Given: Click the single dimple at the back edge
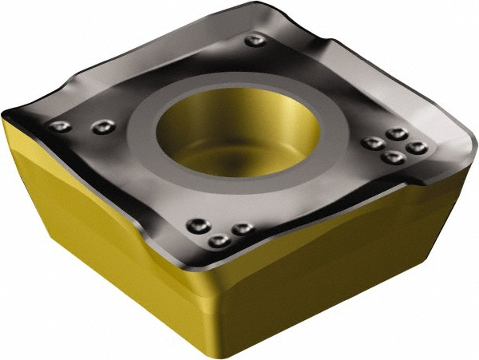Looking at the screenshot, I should (x=254, y=41).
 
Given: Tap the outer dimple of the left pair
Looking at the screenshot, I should (x=59, y=126).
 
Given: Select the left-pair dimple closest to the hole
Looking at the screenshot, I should (x=101, y=126).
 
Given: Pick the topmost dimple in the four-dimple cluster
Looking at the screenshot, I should (x=395, y=134).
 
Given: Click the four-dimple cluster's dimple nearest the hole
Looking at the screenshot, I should (x=370, y=144).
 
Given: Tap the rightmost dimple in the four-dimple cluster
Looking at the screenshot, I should (x=415, y=148).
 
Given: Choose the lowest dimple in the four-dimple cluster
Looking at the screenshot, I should (x=390, y=158).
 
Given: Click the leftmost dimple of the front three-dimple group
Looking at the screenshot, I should (x=196, y=226).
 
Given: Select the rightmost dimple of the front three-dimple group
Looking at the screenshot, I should (x=241, y=228).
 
